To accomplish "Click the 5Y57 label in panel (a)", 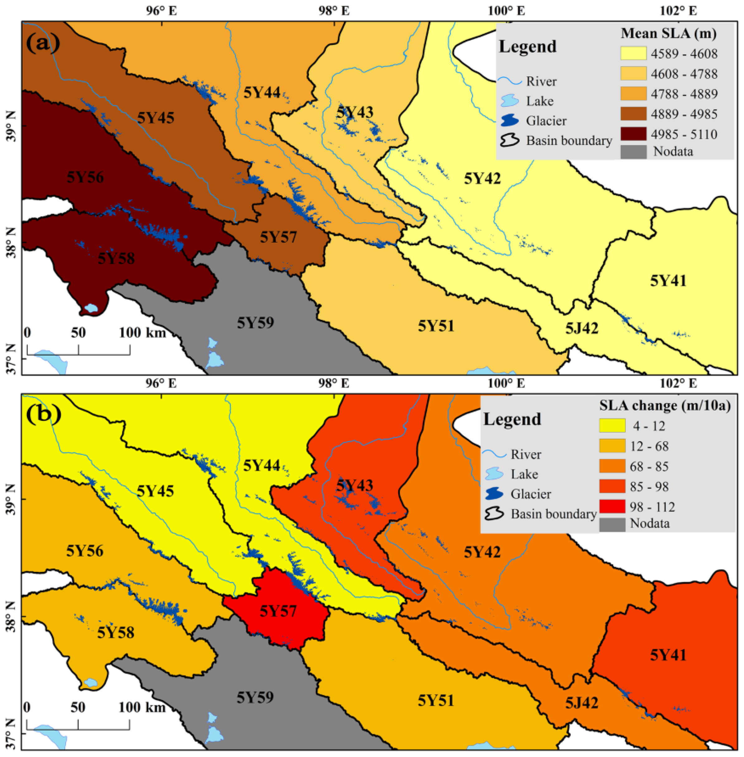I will [278, 237].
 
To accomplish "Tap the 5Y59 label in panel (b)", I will [255, 697].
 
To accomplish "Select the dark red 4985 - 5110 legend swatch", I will [633, 134].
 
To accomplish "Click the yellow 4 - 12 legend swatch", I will [612, 426].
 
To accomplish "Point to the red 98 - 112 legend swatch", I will [612, 507].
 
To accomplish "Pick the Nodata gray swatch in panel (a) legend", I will [633, 152].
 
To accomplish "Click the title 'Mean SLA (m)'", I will [669, 34].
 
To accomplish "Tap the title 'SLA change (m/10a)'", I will [665, 406].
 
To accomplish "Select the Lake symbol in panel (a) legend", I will [509, 101].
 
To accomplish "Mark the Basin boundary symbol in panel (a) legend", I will [509, 141].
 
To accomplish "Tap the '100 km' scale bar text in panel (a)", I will [142, 333].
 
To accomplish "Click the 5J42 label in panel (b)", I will [581, 703].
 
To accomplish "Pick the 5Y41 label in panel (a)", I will [668, 281].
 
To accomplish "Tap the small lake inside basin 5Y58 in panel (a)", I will [91, 308].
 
